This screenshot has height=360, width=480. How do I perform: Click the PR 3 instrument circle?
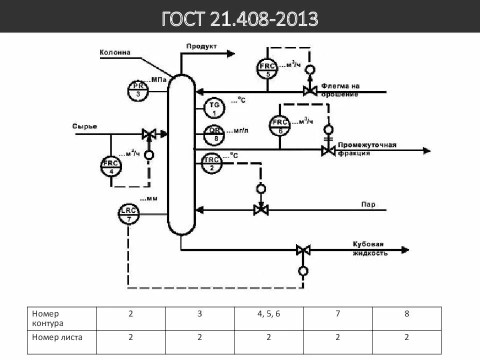(138, 90)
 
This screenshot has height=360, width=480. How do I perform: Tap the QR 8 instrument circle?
(214, 134)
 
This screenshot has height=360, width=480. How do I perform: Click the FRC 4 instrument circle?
(111, 166)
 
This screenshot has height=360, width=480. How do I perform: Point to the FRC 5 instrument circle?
(268, 69)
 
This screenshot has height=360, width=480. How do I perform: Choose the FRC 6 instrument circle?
(280, 126)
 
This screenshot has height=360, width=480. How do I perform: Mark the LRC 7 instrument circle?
(128, 214)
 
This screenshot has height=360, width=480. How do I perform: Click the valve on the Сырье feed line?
(148, 134)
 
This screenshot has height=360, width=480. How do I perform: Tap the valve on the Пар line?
(260, 209)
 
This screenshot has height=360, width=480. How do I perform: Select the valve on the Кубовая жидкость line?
(303, 249)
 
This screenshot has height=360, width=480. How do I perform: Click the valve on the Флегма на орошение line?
(310, 91)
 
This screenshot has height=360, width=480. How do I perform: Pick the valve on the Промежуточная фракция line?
(328, 150)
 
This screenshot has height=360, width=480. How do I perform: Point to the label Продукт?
(201, 46)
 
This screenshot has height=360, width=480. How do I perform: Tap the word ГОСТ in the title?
(182, 19)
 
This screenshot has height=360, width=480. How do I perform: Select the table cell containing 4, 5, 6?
(268, 314)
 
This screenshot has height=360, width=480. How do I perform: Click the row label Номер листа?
(57, 337)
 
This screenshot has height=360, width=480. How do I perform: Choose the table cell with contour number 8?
(406, 314)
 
